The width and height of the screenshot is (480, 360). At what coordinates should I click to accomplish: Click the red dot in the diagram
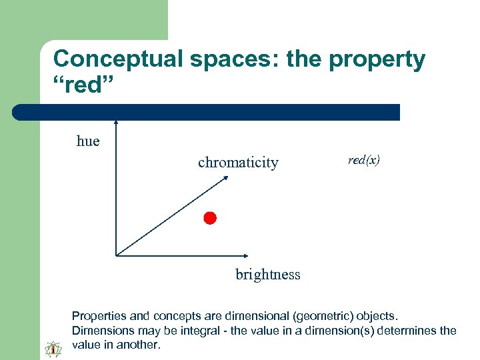pyautogui.click(x=210, y=218)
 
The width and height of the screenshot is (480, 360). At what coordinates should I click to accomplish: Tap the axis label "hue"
pyautogui.click(x=88, y=141)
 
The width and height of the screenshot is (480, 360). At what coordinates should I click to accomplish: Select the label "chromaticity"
pyautogui.click(x=238, y=163)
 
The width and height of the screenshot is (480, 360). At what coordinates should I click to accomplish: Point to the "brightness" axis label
pyautogui.click(x=268, y=275)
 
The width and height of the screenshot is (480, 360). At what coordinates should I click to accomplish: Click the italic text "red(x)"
pyautogui.click(x=364, y=160)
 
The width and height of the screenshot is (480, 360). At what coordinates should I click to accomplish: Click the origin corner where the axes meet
pyautogui.click(x=117, y=255)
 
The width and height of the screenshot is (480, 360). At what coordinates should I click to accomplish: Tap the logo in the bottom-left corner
pyautogui.click(x=53, y=347)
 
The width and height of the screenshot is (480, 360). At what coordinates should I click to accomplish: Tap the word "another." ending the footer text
pyautogui.click(x=139, y=345)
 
